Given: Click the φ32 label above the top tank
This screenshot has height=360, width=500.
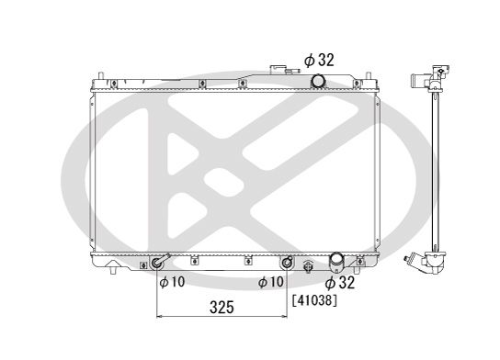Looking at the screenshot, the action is [319, 60].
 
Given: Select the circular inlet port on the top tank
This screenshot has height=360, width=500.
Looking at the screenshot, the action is [318, 80].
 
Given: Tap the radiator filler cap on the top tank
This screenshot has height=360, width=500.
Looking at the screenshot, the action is [278, 69].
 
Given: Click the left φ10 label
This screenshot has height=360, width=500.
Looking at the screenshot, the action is [172, 282].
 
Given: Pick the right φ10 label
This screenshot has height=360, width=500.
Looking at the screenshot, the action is [271, 282].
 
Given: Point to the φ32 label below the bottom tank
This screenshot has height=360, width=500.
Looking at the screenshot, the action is [339, 283].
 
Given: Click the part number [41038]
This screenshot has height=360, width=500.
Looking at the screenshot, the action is [314, 300].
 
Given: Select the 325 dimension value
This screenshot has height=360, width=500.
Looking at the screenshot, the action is [222, 308].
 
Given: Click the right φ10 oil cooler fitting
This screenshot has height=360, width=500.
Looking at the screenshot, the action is [287, 263].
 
